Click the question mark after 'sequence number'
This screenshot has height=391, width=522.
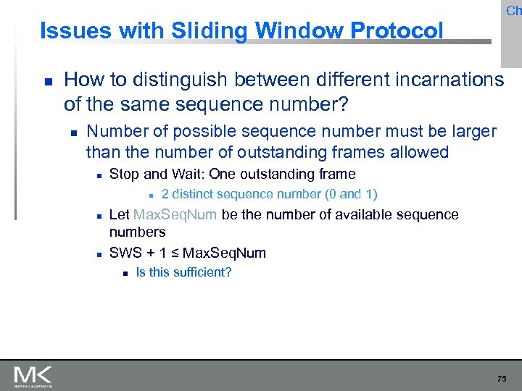tap(344, 104)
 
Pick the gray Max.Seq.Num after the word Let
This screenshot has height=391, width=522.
tap(175, 214)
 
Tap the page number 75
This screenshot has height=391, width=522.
tap(502, 379)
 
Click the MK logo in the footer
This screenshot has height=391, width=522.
tap(33, 376)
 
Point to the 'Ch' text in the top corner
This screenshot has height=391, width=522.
tap(513, 10)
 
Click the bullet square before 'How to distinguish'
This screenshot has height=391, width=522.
tap(45, 80)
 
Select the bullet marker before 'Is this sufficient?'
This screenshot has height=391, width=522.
tap(125, 273)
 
